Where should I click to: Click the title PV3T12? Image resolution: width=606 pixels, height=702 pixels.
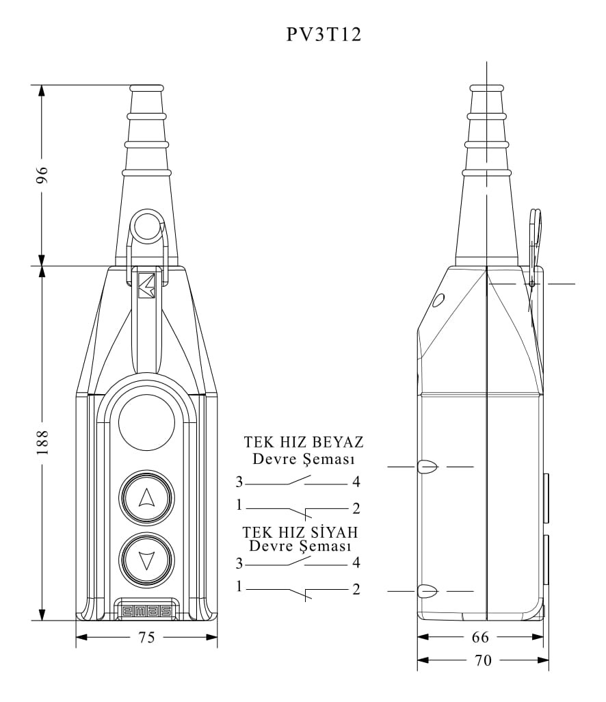(324, 34)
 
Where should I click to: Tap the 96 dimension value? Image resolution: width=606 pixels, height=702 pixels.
(42, 175)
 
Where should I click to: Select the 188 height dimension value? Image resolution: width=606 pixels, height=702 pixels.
(42, 443)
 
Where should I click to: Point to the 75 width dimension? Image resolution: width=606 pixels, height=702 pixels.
(146, 636)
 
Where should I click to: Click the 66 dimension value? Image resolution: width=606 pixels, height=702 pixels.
(480, 636)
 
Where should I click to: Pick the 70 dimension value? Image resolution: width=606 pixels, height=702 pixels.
(483, 660)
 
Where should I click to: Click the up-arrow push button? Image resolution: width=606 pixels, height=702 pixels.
(146, 497)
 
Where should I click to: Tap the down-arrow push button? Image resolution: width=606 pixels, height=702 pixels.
(146, 560)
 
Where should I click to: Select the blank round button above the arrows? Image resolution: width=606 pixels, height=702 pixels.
(146, 421)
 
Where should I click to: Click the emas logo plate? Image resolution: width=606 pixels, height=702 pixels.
(146, 611)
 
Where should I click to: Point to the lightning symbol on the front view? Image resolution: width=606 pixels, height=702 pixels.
(146, 285)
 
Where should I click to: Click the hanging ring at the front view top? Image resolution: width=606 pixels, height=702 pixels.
(147, 225)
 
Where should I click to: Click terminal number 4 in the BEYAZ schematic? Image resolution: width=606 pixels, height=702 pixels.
(356, 482)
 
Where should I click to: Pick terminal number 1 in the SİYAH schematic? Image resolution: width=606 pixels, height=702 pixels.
(239, 586)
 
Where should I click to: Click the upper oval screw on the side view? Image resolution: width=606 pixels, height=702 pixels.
(427, 467)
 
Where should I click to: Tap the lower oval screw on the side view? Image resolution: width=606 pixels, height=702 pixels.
(427, 591)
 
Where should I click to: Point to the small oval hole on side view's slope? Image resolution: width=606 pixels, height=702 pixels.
(438, 300)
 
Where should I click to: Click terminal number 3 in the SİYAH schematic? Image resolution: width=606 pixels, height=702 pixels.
(239, 563)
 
